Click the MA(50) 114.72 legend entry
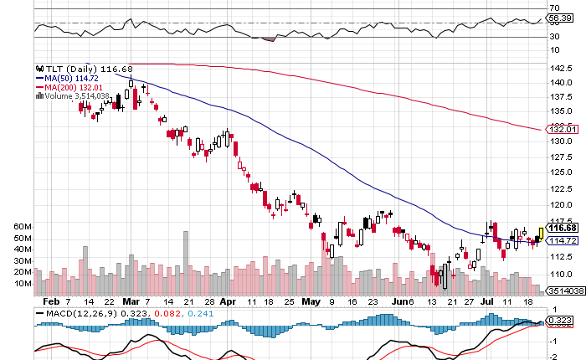click(68, 78)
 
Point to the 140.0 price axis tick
click(560, 82)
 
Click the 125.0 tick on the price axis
click(560, 172)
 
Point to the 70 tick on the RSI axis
click(553, 8)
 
